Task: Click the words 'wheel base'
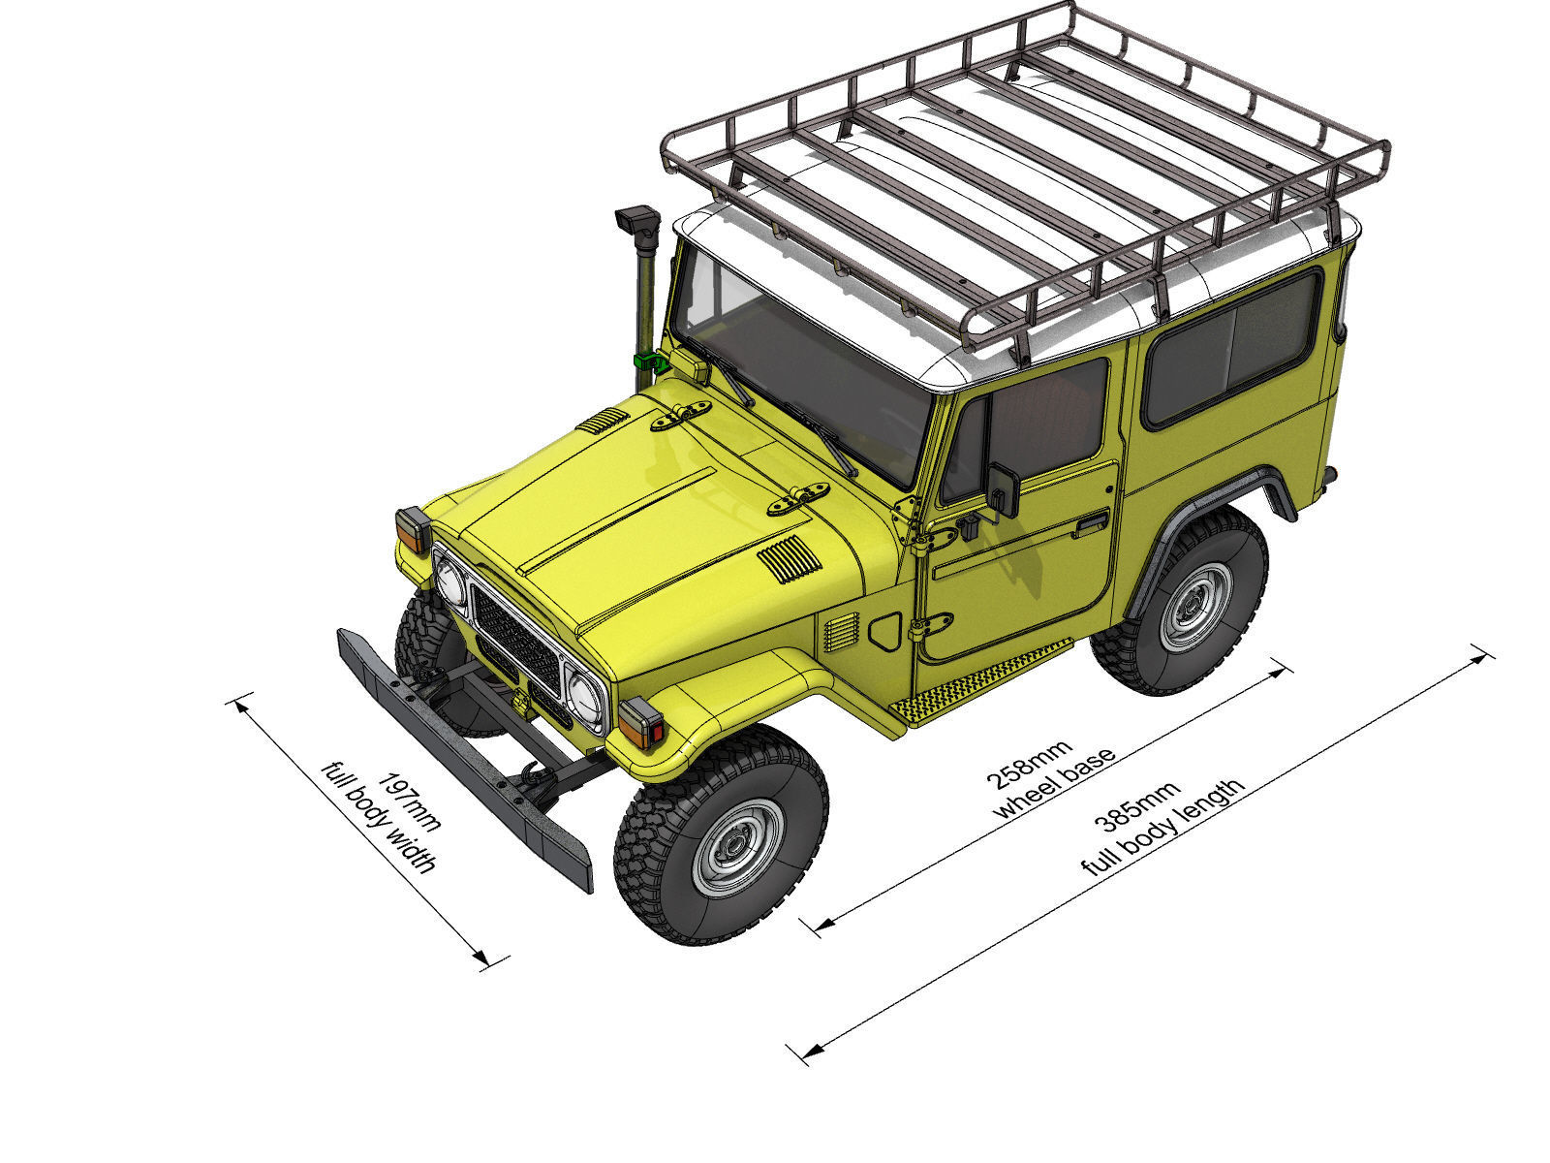(1055, 782)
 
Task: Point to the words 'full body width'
(381, 819)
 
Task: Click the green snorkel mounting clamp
(645, 361)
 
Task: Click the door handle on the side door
(1091, 525)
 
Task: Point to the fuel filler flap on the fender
(884, 631)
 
